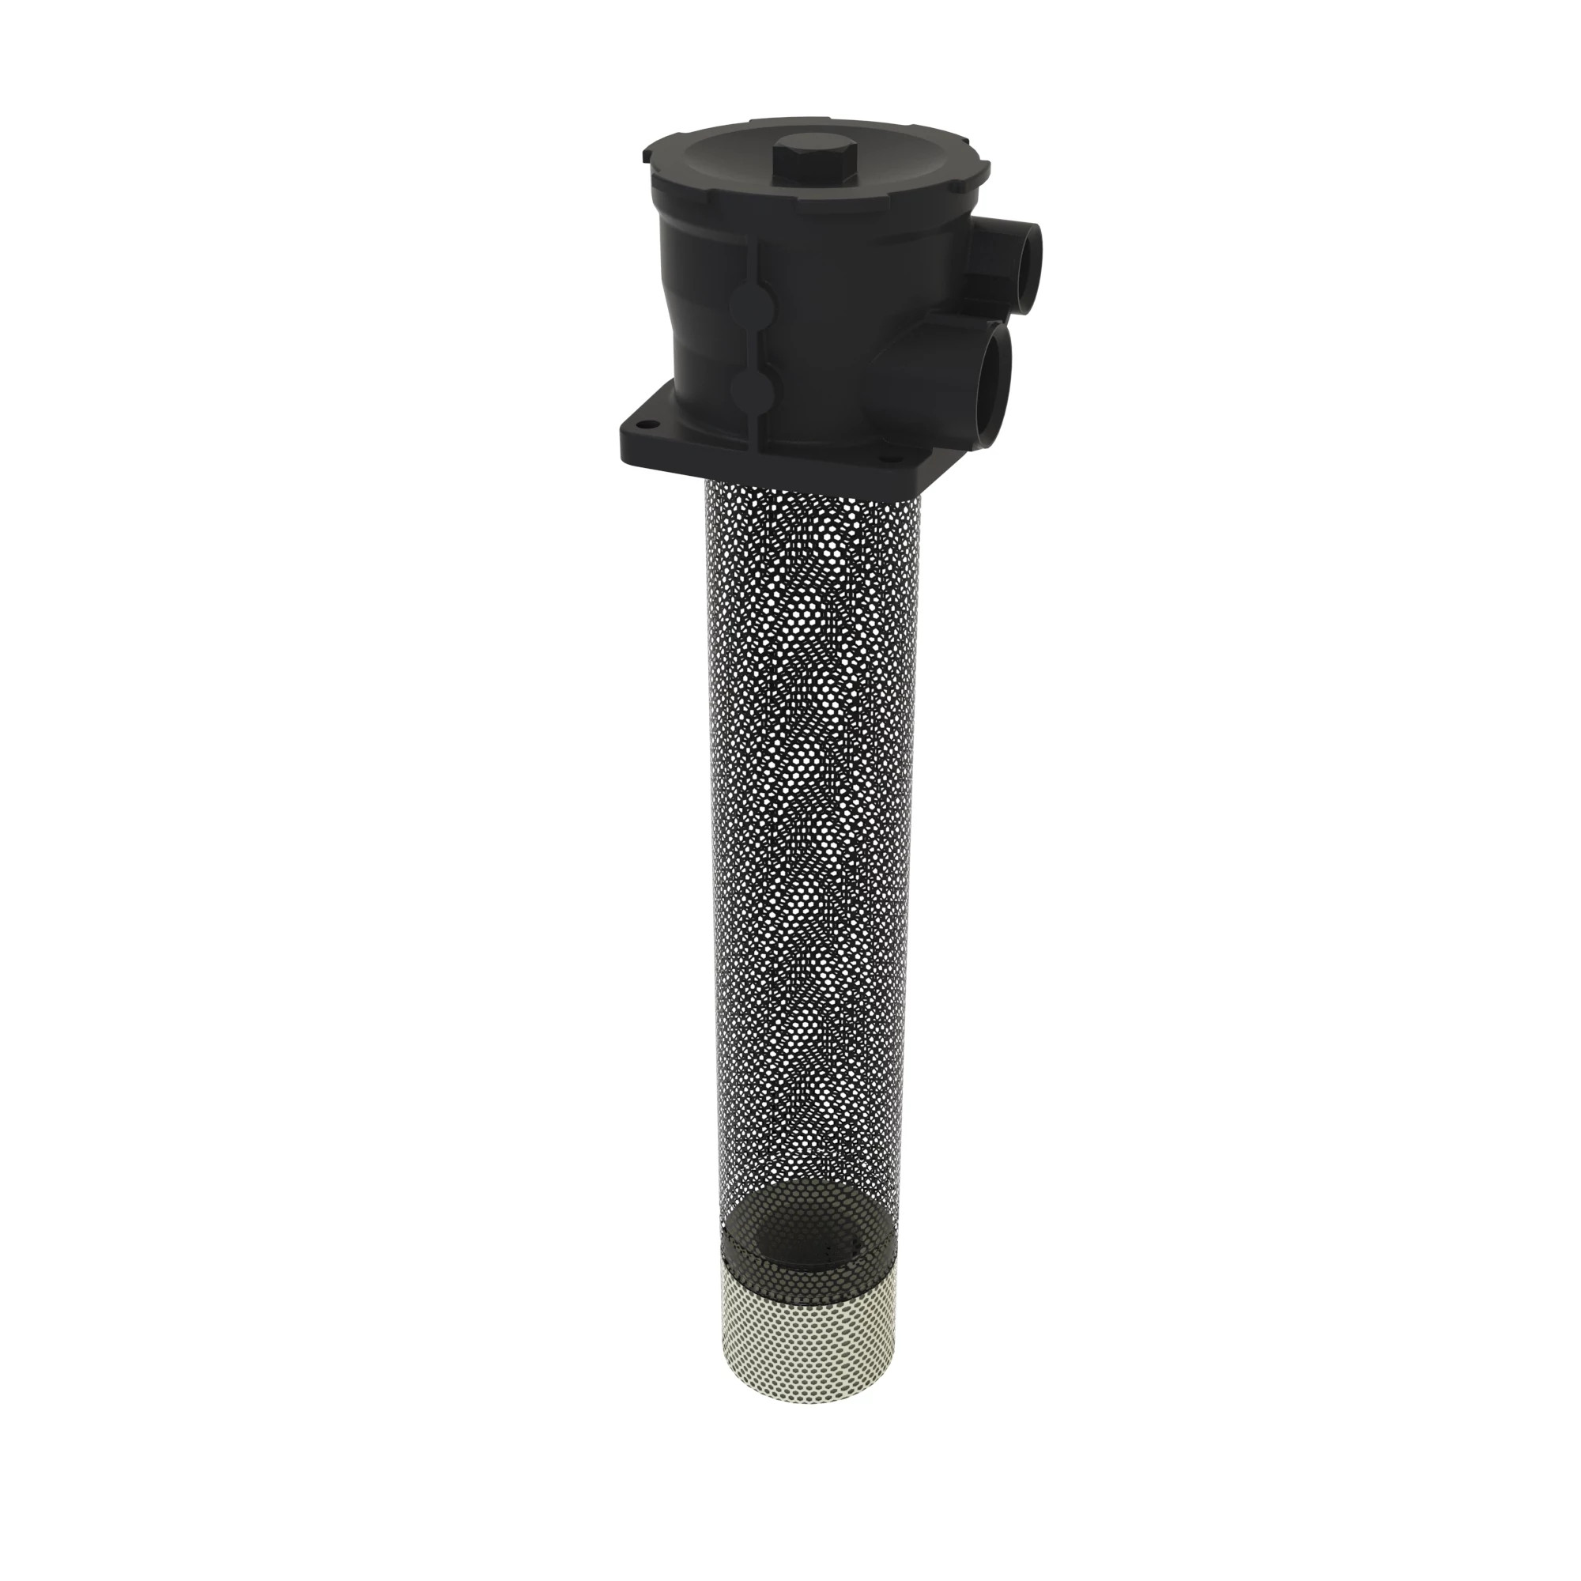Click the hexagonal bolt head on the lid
pyautogui.click(x=812, y=167)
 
